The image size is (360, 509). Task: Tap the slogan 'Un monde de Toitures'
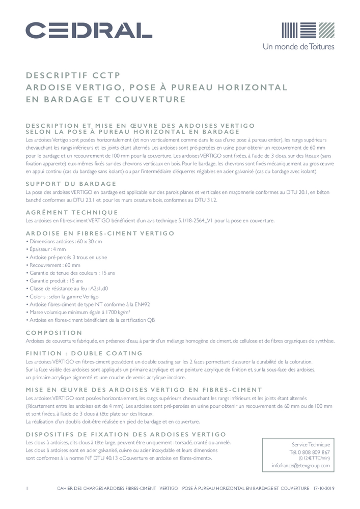[x=298, y=46]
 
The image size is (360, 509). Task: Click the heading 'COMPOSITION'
[x=53, y=332]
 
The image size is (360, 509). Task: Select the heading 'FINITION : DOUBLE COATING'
[x=84, y=353]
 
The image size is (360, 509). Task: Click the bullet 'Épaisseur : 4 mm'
[x=46, y=250]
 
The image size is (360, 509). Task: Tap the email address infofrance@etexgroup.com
[x=300, y=465]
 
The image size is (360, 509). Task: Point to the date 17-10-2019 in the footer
[x=324, y=488]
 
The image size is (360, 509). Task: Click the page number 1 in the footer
[x=26, y=488]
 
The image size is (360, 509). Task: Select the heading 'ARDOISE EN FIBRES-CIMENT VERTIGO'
[x=100, y=233]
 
